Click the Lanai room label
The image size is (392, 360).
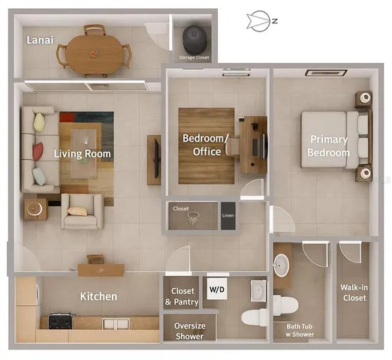tap(40, 40)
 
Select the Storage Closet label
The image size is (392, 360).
tap(194, 58)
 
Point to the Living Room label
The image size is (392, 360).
tap(83, 154)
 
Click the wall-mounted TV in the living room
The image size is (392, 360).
tap(154, 160)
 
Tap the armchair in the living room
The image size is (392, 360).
tap(80, 211)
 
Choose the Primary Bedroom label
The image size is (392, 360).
tap(329, 146)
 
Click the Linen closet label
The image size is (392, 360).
tap(228, 216)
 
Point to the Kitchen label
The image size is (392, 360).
tap(98, 296)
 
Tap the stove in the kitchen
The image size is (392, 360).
tap(59, 321)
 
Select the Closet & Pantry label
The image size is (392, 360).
tap(182, 296)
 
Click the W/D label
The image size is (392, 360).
tap(216, 289)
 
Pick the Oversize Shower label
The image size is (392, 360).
tap(189, 331)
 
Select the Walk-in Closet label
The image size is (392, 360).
tap(354, 292)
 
